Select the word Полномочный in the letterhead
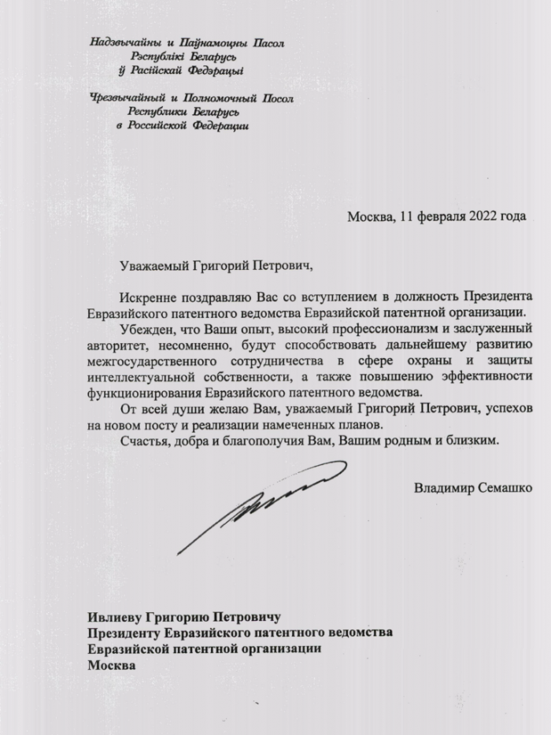point(219,99)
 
